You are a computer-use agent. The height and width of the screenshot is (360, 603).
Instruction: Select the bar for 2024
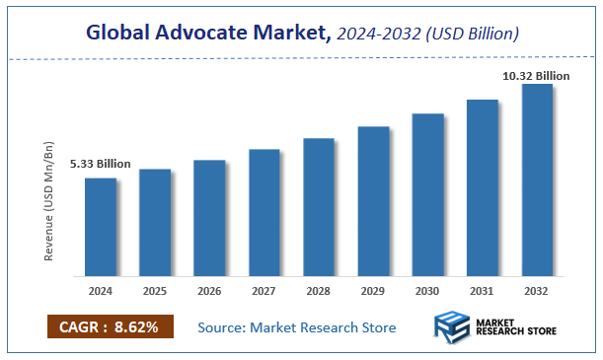coord(100,226)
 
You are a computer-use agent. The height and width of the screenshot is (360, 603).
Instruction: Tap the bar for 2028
coord(319,206)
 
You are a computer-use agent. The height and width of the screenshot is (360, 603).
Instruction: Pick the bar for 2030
coord(427,194)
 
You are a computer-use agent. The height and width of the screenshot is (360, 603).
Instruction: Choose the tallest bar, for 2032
coord(537,179)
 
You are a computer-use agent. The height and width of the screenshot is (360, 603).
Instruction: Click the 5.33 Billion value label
coord(100,164)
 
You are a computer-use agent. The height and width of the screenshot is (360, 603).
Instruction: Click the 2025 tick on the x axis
coord(155,292)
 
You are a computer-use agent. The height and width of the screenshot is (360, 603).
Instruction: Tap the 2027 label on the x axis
coord(264,292)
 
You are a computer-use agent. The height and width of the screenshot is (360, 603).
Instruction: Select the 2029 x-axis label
coord(373,292)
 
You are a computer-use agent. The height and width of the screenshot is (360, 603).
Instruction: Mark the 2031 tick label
coord(483,292)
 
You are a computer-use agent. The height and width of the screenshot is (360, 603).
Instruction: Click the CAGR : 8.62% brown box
coord(110,326)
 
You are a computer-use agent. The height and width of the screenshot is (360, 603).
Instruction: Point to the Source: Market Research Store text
coord(297,327)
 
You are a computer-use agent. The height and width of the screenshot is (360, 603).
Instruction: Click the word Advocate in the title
coord(209,34)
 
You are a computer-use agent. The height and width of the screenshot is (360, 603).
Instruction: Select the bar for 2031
coord(483,186)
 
